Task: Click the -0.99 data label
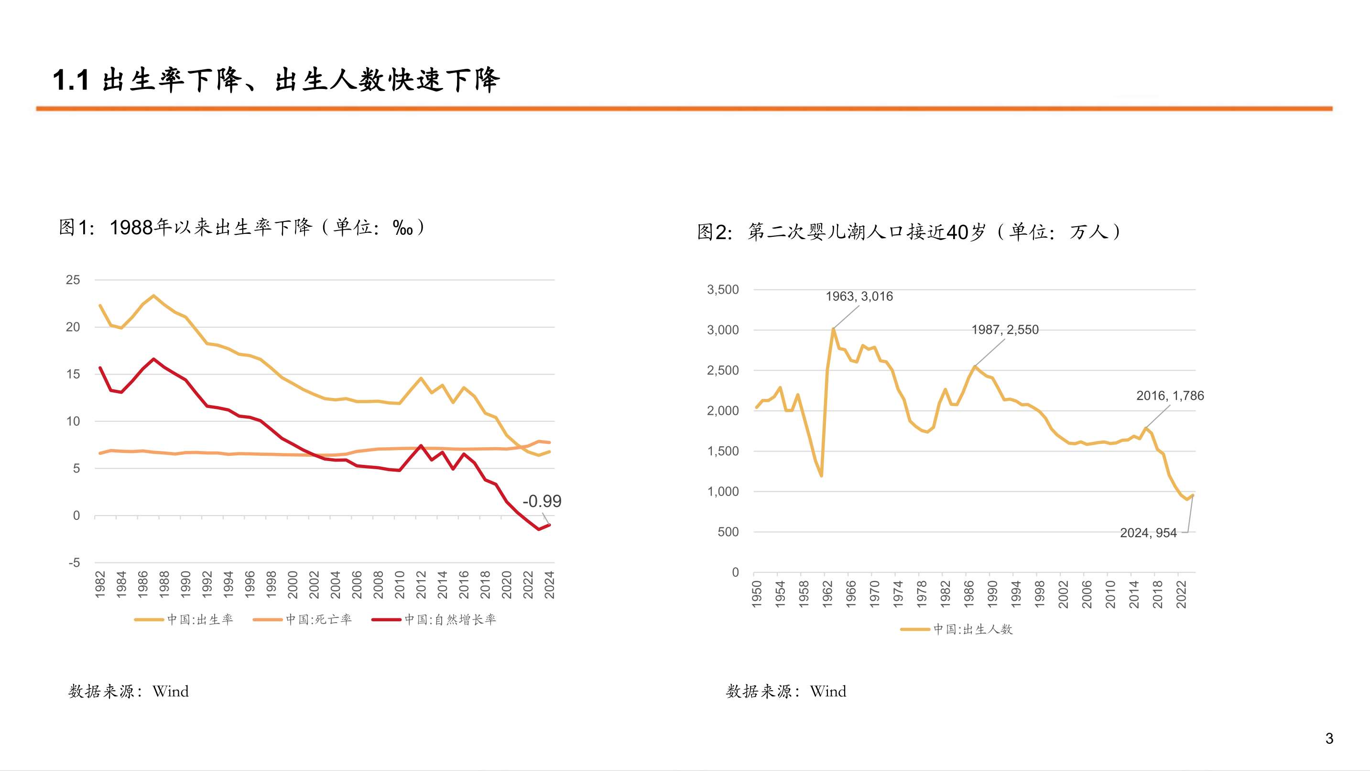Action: (542, 501)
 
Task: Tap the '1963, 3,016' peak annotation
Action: (859, 297)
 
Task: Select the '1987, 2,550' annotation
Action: (1005, 330)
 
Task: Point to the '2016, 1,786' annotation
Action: (1170, 396)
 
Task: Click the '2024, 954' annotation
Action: (1148, 533)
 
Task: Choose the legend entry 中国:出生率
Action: (199, 619)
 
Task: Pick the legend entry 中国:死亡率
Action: (318, 619)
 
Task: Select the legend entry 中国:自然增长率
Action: (449, 619)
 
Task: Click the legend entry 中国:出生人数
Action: (972, 629)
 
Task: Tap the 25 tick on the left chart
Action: (73, 280)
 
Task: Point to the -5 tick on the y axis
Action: (74, 562)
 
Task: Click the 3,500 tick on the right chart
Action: (722, 289)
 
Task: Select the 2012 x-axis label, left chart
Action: (421, 584)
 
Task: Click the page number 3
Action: (1329, 738)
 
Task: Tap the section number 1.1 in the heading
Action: (71, 80)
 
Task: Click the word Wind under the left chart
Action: (170, 691)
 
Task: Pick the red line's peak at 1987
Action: (154, 359)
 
